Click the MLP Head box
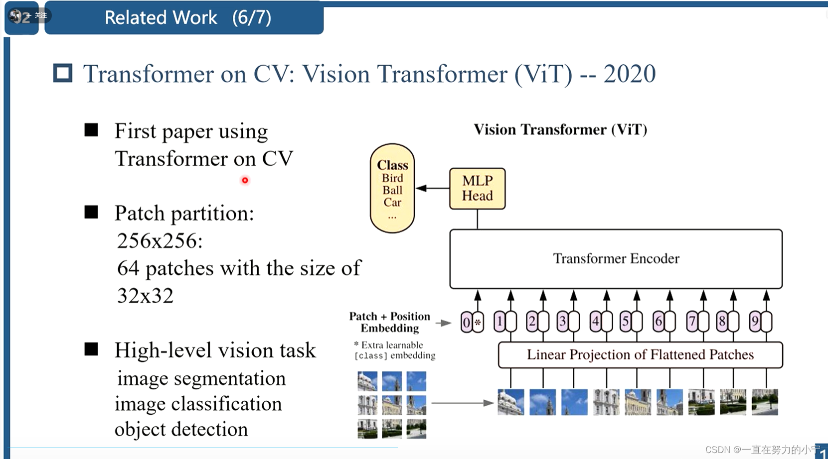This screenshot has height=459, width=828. pos(477,189)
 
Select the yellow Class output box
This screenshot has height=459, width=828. pos(392,188)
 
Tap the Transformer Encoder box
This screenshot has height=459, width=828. pos(616,259)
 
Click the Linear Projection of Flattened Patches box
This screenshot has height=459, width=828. pos(640,355)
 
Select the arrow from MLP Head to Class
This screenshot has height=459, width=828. pos(432,188)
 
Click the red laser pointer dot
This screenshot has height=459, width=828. pos(245,180)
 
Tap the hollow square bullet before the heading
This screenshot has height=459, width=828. pos(63,73)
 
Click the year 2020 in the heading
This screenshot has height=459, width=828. pos(629,74)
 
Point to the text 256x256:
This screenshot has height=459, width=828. pos(160,241)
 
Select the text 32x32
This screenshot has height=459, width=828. pos(145,296)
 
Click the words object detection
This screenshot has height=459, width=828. pos(181,429)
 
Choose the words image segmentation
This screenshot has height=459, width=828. pos(201,378)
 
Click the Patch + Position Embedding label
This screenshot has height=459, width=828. pos(389,322)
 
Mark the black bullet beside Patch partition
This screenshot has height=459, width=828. pos(91,213)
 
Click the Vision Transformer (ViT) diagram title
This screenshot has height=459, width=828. pos(560,130)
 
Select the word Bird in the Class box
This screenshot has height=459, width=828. pos(392,178)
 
